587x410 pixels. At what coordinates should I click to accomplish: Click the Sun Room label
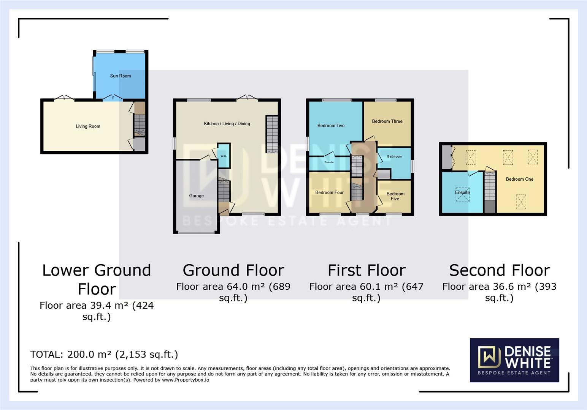click(x=120, y=76)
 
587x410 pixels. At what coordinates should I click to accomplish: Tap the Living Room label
click(x=88, y=126)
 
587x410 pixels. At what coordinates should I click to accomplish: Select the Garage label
click(x=196, y=196)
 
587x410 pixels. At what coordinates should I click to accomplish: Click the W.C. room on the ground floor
click(x=224, y=156)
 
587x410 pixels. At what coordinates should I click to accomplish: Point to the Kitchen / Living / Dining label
click(x=227, y=124)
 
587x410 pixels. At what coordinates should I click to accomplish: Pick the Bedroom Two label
click(x=331, y=126)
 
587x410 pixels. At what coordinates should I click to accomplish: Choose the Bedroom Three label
click(x=387, y=121)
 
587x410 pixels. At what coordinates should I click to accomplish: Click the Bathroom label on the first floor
click(x=394, y=156)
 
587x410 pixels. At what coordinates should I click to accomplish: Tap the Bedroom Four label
click(x=329, y=192)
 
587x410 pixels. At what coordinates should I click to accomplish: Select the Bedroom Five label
click(x=395, y=196)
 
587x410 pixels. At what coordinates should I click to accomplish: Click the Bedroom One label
click(x=519, y=179)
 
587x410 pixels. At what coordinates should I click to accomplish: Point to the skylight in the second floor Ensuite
click(x=462, y=194)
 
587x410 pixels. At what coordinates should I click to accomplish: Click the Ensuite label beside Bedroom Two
click(x=329, y=162)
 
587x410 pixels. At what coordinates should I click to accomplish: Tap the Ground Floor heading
click(x=233, y=270)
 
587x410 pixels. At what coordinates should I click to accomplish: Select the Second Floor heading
click(x=499, y=270)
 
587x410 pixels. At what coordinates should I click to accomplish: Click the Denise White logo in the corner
click(x=514, y=360)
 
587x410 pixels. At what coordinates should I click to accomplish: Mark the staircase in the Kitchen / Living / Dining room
click(x=271, y=134)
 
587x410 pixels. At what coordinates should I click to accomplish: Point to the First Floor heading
click(x=366, y=270)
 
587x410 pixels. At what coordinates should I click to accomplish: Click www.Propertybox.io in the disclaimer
click(x=185, y=380)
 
